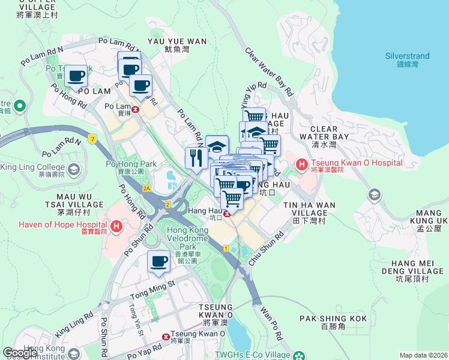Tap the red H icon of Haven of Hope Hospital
click(x=117, y=227)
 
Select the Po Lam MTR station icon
click(x=136, y=109)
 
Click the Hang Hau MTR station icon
click(x=226, y=212)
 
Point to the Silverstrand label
click(x=408, y=60)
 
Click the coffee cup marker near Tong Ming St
click(x=159, y=262)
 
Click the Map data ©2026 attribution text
click(x=423, y=355)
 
